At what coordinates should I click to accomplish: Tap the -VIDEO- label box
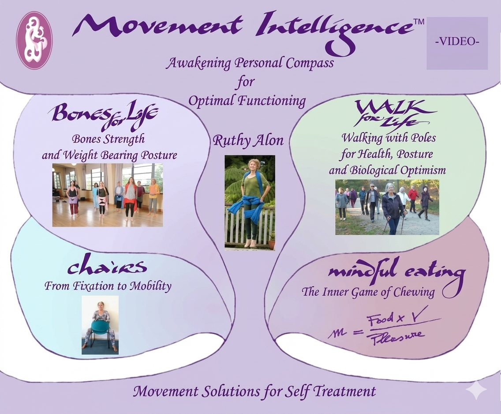[x=457, y=43]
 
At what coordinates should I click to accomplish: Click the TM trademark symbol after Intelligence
[x=419, y=22]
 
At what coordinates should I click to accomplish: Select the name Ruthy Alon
[x=248, y=140]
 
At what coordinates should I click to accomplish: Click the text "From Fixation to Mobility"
[x=108, y=286]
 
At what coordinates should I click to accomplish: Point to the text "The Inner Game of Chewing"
[x=368, y=292]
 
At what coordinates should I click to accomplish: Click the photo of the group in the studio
[x=107, y=195]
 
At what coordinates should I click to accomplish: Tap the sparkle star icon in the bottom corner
[x=476, y=389]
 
